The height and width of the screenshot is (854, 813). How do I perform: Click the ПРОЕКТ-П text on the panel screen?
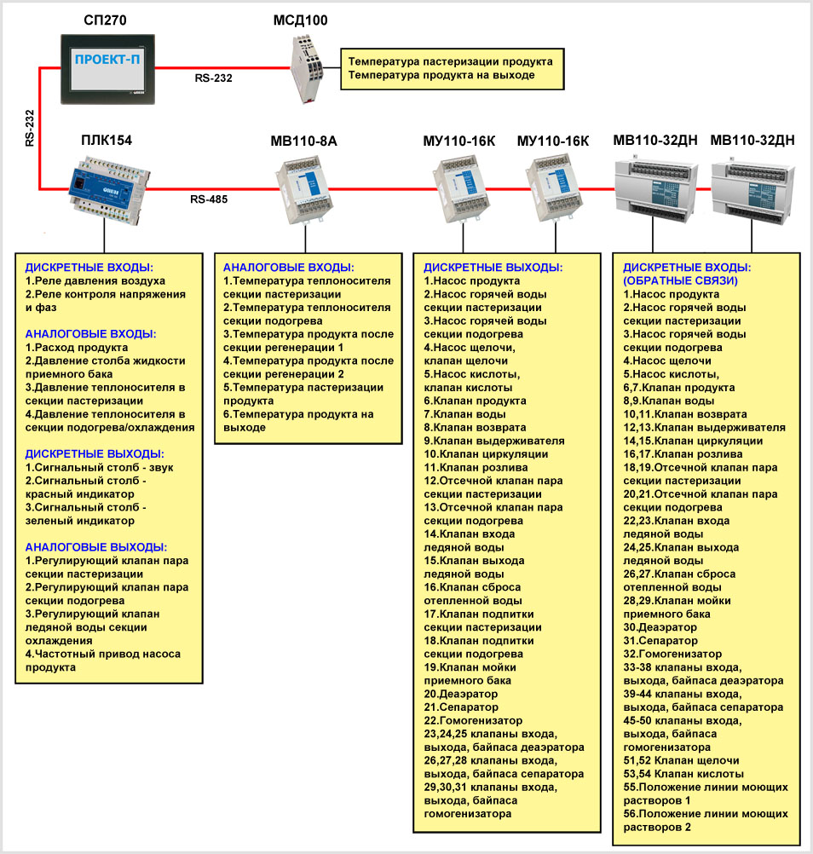click(105, 61)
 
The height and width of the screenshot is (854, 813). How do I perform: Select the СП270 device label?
click(106, 20)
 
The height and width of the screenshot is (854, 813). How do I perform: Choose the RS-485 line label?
click(209, 201)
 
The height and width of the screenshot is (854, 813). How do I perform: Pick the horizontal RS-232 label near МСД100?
click(213, 78)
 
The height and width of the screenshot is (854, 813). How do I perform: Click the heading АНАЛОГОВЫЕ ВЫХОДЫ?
click(96, 547)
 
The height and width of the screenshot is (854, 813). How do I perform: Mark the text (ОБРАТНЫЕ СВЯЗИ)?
click(681, 280)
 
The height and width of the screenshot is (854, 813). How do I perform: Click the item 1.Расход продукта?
click(77, 348)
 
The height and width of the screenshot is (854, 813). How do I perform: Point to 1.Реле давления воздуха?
click(95, 280)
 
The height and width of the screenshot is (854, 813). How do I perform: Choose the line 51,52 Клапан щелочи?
click(681, 760)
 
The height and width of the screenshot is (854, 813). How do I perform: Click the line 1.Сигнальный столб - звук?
click(98, 468)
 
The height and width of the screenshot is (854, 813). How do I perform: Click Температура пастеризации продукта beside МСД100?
click(450, 61)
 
